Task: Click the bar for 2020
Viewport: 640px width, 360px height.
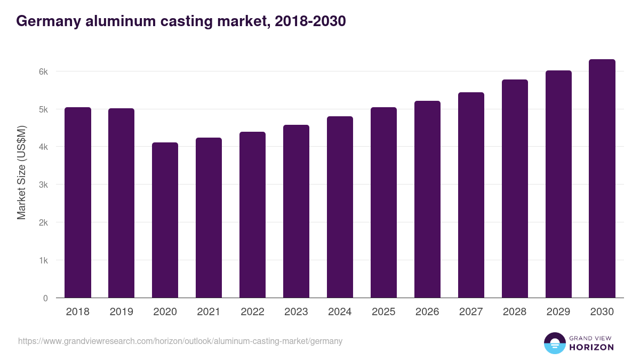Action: [165, 220]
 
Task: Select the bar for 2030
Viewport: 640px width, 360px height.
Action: [602, 179]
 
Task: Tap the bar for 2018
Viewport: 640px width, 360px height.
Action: [78, 203]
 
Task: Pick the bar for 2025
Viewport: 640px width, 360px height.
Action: [383, 203]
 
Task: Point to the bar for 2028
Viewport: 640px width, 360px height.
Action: [515, 189]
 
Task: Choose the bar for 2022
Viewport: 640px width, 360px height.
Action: [252, 214]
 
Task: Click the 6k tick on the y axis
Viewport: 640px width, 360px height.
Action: [43, 71]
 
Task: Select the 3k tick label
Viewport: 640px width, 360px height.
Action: [43, 185]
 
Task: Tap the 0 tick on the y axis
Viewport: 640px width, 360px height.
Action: [45, 298]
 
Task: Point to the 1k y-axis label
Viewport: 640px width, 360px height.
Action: [43, 261]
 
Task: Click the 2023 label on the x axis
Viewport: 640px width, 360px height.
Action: [296, 312]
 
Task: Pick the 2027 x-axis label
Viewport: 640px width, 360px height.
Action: [471, 312]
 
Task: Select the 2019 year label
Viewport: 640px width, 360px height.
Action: [121, 312]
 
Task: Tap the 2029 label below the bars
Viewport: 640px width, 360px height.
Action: [558, 312]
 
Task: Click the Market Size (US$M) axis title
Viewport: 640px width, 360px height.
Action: [21, 172]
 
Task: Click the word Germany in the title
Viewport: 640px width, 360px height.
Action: [47, 21]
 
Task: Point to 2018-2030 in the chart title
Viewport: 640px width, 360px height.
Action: [310, 21]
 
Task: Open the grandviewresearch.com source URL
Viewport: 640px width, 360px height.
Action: [180, 341]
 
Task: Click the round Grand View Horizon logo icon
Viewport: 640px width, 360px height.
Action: [554, 343]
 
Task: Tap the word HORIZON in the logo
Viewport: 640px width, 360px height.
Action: [591, 347]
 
